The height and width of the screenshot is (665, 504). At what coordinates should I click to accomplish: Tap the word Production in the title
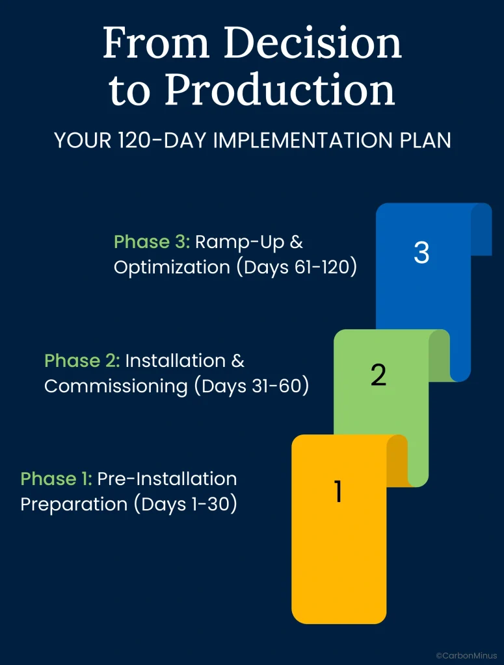click(280, 89)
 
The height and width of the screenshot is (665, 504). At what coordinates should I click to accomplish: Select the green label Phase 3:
click(152, 242)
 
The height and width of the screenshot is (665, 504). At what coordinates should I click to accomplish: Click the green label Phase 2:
click(82, 360)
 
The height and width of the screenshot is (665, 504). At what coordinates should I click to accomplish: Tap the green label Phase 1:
click(56, 479)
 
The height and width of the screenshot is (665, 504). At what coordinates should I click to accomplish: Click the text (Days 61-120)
click(297, 268)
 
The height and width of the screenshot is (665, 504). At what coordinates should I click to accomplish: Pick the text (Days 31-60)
click(252, 386)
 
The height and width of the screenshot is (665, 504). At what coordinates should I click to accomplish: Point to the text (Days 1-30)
click(185, 504)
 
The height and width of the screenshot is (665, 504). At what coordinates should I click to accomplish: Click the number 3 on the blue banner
click(421, 253)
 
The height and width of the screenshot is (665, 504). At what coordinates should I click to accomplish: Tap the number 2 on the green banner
click(378, 375)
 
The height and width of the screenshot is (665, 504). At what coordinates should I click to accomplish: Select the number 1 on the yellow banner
click(338, 491)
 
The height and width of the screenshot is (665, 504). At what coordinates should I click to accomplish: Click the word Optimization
click(172, 268)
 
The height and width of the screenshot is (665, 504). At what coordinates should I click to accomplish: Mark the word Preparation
click(74, 505)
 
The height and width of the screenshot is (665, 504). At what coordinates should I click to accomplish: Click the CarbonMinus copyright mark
click(466, 656)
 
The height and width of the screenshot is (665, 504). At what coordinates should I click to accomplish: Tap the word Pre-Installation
click(167, 479)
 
